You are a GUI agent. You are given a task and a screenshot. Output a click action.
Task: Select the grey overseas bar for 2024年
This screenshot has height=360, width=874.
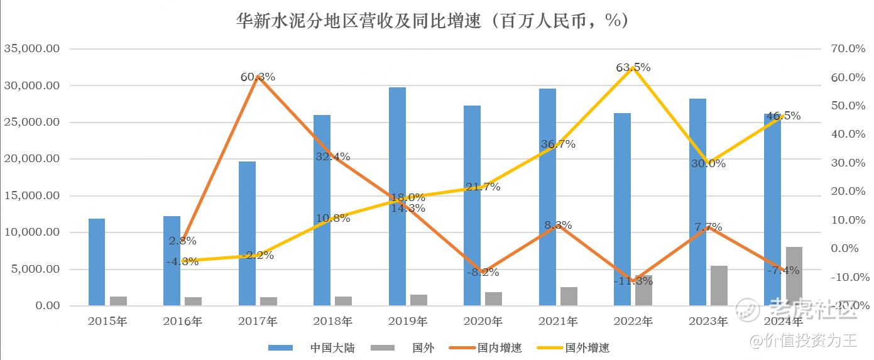click(x=794, y=276)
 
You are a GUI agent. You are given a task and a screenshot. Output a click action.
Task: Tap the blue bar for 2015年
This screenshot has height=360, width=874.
click(x=97, y=262)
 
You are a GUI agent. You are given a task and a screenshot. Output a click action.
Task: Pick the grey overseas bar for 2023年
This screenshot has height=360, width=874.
click(x=719, y=286)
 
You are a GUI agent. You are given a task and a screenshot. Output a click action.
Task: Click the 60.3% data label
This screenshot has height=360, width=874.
click(x=258, y=77)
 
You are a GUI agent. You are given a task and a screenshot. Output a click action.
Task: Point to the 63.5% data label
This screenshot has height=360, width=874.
click(x=633, y=67)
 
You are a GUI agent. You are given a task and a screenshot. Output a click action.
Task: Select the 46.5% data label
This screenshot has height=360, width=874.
click(x=784, y=116)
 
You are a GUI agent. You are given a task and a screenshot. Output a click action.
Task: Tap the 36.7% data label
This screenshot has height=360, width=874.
click(x=558, y=144)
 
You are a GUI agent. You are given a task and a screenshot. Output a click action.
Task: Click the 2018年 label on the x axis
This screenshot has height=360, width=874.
click(x=332, y=322)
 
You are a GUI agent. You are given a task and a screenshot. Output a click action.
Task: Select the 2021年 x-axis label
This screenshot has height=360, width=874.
click(x=558, y=322)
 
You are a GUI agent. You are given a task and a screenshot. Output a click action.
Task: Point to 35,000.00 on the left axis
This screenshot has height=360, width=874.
click(x=31, y=48)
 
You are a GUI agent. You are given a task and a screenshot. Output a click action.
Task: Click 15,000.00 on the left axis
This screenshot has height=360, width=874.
click(x=31, y=195)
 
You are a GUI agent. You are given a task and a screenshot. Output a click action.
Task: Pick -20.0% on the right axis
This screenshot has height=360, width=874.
click(x=848, y=305)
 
